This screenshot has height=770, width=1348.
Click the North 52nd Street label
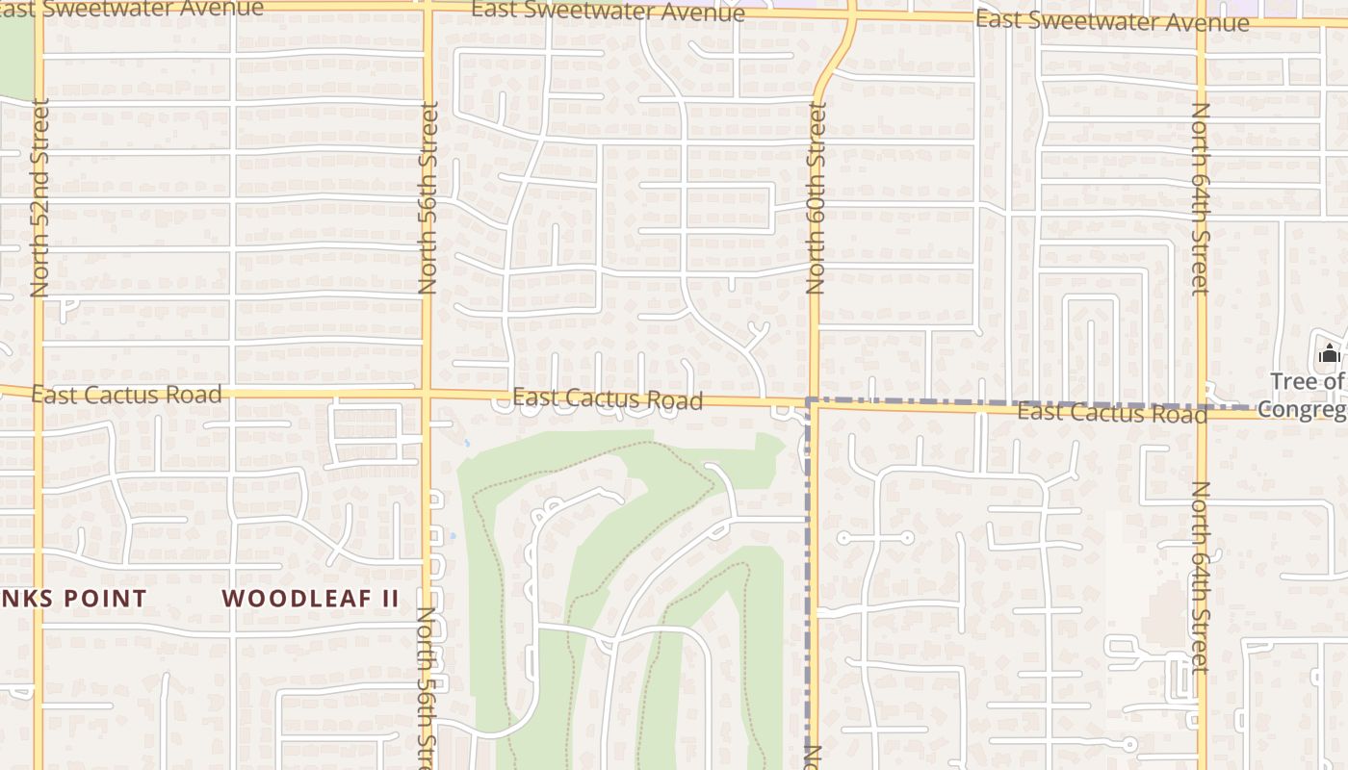39,197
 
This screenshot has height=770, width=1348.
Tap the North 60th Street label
817,197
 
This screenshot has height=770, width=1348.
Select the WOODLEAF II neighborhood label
310,598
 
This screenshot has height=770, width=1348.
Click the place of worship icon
1330,353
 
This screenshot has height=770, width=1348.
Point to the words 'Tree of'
1307,381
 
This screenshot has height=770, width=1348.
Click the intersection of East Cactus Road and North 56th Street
427,393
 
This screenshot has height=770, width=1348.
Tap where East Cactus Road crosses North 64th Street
1202,409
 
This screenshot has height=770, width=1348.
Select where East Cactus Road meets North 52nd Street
39,390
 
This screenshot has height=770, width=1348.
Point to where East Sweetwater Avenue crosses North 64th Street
1202,21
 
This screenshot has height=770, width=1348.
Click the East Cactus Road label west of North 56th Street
126,394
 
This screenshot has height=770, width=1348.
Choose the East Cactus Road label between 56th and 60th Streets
608,398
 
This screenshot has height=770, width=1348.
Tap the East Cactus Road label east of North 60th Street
1112,413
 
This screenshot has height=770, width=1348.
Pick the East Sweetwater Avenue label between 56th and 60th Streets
608,12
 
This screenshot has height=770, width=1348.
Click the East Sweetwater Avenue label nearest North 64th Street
1112,20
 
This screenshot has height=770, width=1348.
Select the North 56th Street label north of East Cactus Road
428,197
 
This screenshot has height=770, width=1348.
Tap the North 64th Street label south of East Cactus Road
1200,577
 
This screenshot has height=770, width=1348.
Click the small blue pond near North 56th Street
466,444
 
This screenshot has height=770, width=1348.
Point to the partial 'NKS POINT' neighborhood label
73,598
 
